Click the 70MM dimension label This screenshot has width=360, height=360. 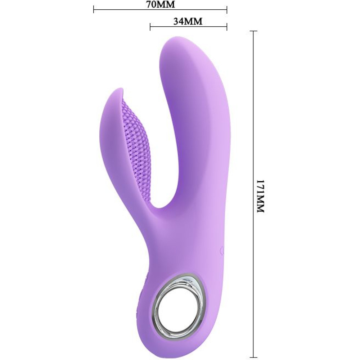[161, 5]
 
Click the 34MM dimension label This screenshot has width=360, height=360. [188, 21]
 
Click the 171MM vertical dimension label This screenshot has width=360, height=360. [260, 197]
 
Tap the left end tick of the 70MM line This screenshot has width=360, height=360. [94, 10]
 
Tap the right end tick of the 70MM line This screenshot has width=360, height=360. [227, 10]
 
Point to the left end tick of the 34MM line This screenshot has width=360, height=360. [150, 27]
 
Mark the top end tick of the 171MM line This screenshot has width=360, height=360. [253, 31]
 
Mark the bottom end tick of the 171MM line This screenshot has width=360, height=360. [253, 355]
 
